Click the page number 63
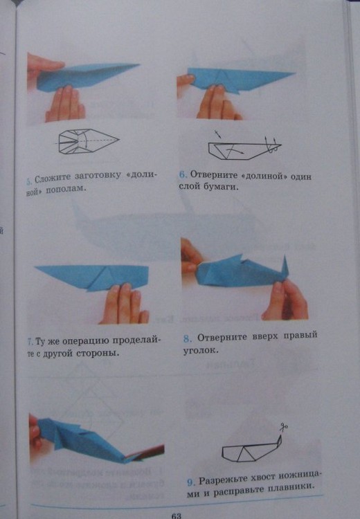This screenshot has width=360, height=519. coord(177,516)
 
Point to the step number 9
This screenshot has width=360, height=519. coord(191,482)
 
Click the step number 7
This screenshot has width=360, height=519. coord(30,342)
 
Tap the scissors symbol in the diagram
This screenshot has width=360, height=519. coord(283,428)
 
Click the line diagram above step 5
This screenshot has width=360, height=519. coord(87,140)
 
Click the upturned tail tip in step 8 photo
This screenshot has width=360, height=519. coord(285,257)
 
